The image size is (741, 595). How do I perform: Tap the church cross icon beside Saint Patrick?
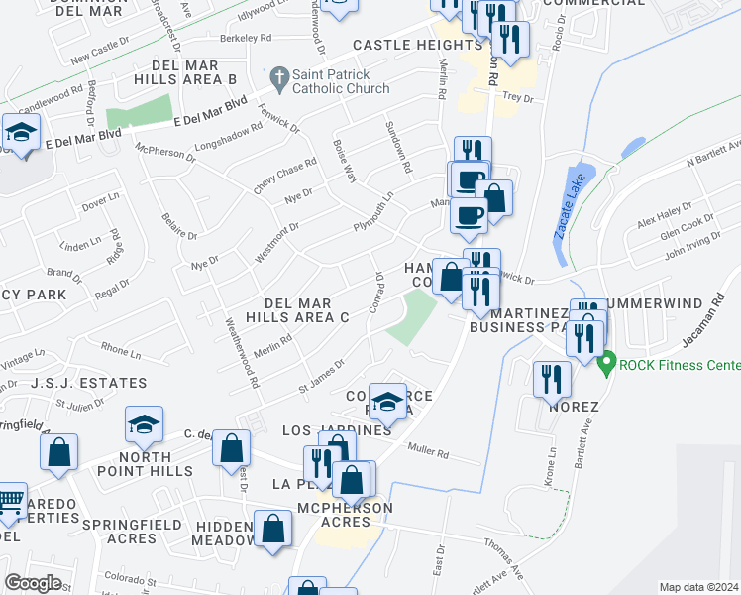279,76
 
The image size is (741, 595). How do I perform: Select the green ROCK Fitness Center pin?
607,363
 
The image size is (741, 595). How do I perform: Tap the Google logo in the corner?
33,582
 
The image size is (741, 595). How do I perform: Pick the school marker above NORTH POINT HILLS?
144,424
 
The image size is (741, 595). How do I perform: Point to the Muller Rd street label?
428,454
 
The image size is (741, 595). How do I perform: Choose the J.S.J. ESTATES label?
88,383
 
